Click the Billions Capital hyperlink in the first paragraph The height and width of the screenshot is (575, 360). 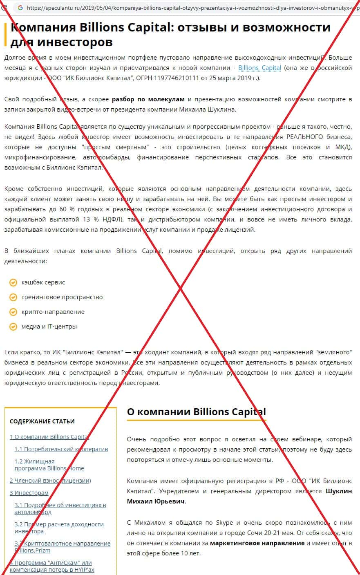click(259, 68)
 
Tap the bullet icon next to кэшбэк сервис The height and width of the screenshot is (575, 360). click(13, 282)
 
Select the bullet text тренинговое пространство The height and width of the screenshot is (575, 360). click(62, 297)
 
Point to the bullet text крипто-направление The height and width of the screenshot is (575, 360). click(53, 312)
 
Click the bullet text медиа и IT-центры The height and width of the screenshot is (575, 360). click(49, 327)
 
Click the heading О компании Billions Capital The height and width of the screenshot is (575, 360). click(196, 412)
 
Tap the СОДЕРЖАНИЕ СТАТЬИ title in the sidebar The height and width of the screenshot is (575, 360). click(42, 421)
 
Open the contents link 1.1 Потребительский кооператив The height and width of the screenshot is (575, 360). click(61, 449)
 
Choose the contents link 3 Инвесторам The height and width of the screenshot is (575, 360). click(29, 493)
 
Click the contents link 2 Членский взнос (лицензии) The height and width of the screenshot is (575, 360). click(50, 481)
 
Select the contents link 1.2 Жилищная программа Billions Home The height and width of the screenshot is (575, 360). click(49, 465)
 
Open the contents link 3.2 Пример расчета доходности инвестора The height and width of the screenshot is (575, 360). click(59, 528)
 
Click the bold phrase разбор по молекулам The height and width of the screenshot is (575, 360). click(148, 99)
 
